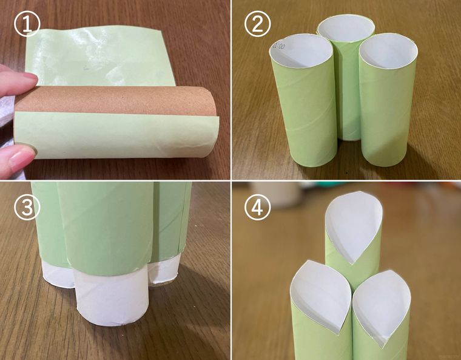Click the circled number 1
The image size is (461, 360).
[26, 25]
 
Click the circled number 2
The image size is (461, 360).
[257, 25]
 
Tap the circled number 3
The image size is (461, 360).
[26, 208]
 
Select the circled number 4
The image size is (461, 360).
[257, 208]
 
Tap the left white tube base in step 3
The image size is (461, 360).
[58, 276]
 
